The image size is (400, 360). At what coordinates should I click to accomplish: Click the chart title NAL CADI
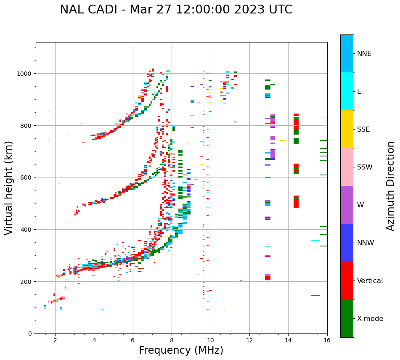pyautogui.click(x=176, y=10)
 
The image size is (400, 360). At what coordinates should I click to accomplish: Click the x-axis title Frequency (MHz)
pyautogui.click(x=181, y=350)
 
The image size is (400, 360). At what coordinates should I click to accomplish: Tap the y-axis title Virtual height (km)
pyautogui.click(x=9, y=188)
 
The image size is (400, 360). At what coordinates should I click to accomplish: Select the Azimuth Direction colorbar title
pyautogui.click(x=391, y=186)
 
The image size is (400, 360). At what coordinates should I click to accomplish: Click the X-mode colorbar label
pyautogui.click(x=370, y=319)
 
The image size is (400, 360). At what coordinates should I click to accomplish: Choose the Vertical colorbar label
pyautogui.click(x=370, y=281)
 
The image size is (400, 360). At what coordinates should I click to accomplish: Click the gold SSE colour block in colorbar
pyautogui.click(x=347, y=129)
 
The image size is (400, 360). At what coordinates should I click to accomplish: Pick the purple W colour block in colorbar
pyautogui.click(x=347, y=205)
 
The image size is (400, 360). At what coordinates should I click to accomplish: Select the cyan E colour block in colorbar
pyautogui.click(x=347, y=91)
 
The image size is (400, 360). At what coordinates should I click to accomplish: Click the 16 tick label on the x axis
pyautogui.click(x=327, y=341)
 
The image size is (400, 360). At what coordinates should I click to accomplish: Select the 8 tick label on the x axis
pyautogui.click(x=172, y=341)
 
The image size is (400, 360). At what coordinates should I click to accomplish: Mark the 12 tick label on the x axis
pyautogui.click(x=249, y=341)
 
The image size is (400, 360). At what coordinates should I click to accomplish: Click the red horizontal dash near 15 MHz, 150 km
pyautogui.click(x=315, y=295)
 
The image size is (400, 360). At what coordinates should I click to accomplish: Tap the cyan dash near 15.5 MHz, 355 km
pyautogui.click(x=315, y=241)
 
